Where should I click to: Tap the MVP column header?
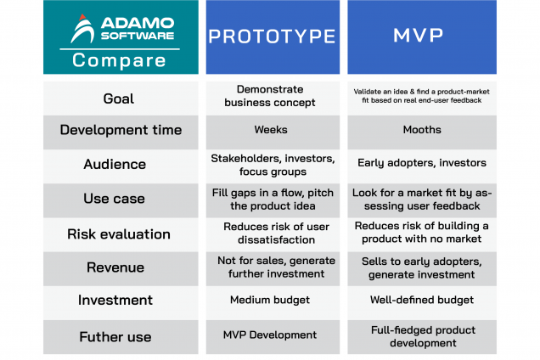pos(421,37)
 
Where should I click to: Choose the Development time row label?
pos(121,130)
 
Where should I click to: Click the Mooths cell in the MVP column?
pos(421,131)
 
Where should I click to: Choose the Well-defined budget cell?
pos(421,300)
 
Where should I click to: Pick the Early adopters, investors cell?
pos(421,164)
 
